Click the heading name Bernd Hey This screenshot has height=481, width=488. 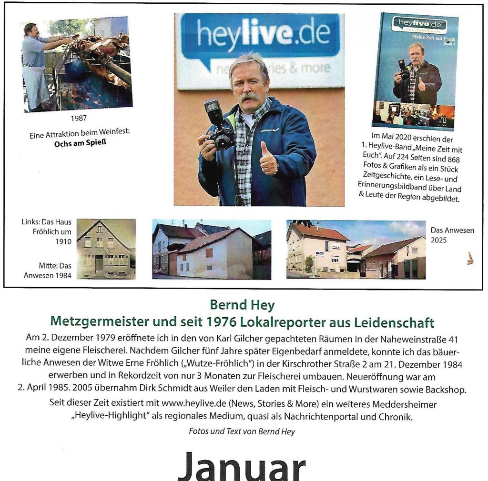tap(242, 305)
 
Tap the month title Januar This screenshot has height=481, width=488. tap(241, 466)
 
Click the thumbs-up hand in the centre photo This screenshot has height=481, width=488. tap(268, 160)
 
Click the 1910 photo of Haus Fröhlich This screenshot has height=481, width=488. tap(106, 249)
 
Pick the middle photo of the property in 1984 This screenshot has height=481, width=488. tap(211, 249)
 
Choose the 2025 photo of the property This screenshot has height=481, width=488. tap(356, 249)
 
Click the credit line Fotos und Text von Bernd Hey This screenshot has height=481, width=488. tap(242, 431)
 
